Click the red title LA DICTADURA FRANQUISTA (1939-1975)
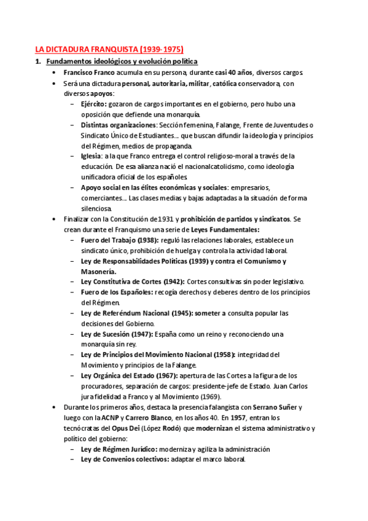click(x=109, y=49)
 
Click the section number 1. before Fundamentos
click(x=38, y=62)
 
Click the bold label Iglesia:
click(x=92, y=156)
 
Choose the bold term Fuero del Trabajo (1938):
click(x=119, y=240)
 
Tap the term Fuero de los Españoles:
click(x=117, y=292)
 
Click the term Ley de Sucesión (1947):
click(x=118, y=334)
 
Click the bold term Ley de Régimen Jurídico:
click(x=119, y=449)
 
